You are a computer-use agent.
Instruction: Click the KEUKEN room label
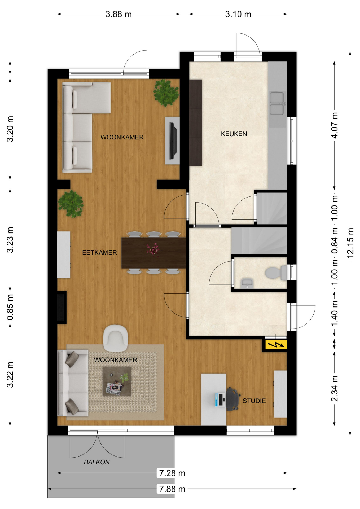[x=234, y=134]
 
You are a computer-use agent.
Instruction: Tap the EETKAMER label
[x=99, y=252]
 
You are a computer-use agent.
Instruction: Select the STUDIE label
[x=254, y=401]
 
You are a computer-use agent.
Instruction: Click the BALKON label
[x=97, y=462]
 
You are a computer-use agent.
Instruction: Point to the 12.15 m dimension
[x=350, y=243]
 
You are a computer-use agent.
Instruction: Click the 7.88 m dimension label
[x=172, y=489]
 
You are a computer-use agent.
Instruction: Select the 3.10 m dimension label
[x=238, y=14]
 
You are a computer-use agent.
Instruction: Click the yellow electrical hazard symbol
[x=276, y=345]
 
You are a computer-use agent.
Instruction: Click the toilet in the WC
[x=276, y=273]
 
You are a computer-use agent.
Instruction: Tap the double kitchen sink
[x=277, y=103]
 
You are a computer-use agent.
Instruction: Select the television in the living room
[x=173, y=141]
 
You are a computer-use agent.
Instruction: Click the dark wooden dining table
[x=154, y=253]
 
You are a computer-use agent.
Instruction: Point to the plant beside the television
[x=166, y=93]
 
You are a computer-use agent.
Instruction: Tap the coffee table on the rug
[x=117, y=382]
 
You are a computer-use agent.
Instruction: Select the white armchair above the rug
[x=115, y=338]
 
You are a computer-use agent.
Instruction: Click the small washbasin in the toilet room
[x=247, y=283]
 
